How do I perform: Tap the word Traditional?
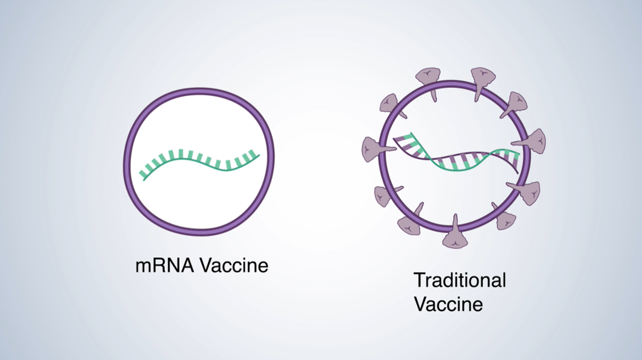[x=460, y=280]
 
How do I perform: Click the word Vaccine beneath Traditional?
[x=449, y=304]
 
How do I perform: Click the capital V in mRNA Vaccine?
[x=203, y=266]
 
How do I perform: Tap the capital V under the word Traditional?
[x=420, y=304]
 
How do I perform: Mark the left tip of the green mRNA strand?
[x=141, y=176]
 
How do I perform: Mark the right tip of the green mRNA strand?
[x=259, y=156]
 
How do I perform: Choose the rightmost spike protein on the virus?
[x=537, y=141]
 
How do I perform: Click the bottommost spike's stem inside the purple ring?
[x=455, y=220]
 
